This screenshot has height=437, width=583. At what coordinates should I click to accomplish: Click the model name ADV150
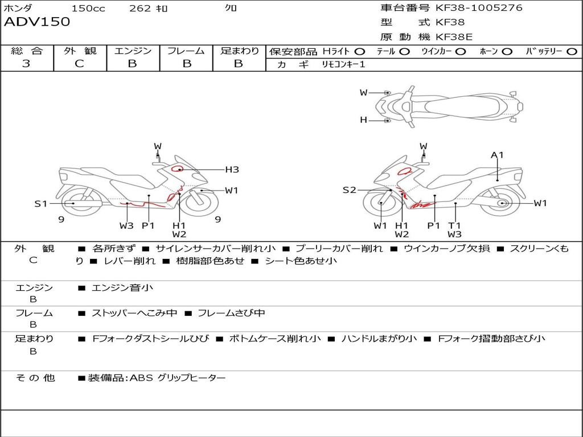37,22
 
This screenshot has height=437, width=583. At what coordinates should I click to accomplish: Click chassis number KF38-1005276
479,8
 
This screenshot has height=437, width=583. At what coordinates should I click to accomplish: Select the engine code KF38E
454,37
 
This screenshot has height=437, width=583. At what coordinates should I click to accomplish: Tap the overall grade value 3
26,64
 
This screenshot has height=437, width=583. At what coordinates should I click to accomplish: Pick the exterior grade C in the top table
79,64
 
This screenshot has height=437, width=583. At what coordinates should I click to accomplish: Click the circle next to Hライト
360,52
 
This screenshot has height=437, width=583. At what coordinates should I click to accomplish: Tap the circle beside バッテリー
572,52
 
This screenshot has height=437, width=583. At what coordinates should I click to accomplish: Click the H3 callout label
232,170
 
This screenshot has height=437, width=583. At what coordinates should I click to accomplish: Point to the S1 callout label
41,204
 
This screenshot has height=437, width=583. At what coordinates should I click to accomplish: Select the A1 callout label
497,155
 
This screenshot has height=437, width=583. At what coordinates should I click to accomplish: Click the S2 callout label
349,190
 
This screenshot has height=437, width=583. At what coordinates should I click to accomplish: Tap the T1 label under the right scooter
454,225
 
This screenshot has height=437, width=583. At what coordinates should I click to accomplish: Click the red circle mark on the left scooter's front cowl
177,168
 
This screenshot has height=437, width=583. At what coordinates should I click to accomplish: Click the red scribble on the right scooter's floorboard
422,204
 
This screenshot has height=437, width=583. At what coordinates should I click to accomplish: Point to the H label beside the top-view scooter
363,120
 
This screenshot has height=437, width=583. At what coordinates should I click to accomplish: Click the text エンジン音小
122,287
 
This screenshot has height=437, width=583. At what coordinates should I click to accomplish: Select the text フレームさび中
231,313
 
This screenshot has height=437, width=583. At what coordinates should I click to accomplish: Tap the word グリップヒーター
191,378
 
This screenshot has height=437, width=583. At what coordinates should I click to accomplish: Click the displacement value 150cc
88,8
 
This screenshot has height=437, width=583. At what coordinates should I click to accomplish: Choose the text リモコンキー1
343,64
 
